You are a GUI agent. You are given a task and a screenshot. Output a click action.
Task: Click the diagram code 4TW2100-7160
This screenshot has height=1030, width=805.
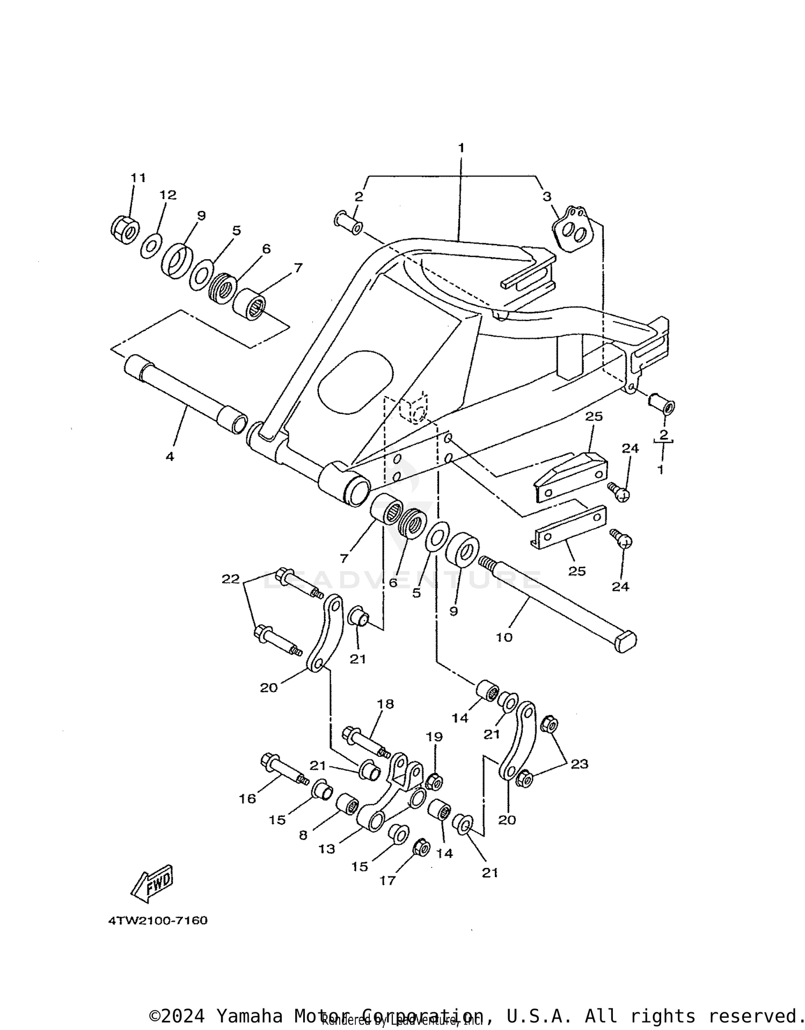158,921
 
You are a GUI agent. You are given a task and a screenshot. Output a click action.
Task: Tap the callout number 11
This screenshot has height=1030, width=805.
138,178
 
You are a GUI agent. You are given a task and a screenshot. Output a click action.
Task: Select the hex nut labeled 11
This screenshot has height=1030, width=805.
125,230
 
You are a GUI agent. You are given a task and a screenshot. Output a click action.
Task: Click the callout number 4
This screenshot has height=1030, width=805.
170,457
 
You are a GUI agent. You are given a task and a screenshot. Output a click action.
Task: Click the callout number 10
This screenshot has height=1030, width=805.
504,637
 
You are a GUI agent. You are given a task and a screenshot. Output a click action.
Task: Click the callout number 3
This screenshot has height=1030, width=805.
546,196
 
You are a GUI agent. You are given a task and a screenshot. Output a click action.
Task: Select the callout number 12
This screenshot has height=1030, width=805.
168,195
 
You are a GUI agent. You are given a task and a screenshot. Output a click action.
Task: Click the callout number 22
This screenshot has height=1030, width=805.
231,579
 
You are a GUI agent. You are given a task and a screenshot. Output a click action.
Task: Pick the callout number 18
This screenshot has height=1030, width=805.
385,704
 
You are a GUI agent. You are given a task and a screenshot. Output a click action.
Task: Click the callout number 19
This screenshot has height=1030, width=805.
434,736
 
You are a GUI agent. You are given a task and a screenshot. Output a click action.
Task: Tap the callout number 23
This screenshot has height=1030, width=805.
580,763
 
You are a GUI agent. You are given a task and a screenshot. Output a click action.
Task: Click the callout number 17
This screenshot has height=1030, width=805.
387,880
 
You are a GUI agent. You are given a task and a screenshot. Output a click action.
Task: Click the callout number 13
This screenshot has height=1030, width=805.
326,849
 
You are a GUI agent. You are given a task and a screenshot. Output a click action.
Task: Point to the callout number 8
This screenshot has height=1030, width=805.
303,835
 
